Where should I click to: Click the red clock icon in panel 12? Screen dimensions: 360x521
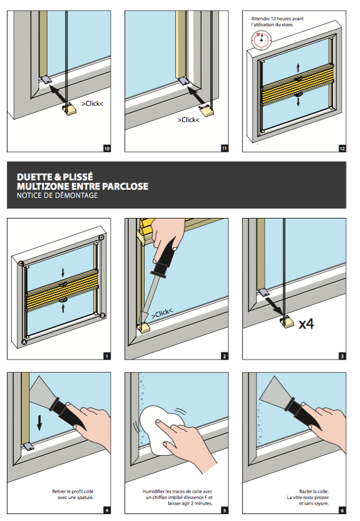coord(261,40)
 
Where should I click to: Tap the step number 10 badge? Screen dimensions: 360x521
coord(107,148)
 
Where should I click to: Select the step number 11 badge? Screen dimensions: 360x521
coord(225,148)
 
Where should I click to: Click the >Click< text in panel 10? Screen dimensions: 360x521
coord(92,103)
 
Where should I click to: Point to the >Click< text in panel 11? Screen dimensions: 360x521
coord(188,120)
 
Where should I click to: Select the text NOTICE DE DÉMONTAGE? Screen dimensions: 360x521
coord(58,195)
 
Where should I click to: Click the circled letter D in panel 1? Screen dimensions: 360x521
coord(101,237)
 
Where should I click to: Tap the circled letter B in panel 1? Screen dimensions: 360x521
coord(103,316)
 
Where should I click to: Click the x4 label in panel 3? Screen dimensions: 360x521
coord(306,324)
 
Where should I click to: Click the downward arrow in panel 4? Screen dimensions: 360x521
coord(39,423)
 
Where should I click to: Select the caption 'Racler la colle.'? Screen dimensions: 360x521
coord(314,492)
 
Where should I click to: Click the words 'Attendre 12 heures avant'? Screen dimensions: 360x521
coord(277,19)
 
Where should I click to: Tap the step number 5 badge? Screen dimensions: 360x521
coord(225,510)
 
